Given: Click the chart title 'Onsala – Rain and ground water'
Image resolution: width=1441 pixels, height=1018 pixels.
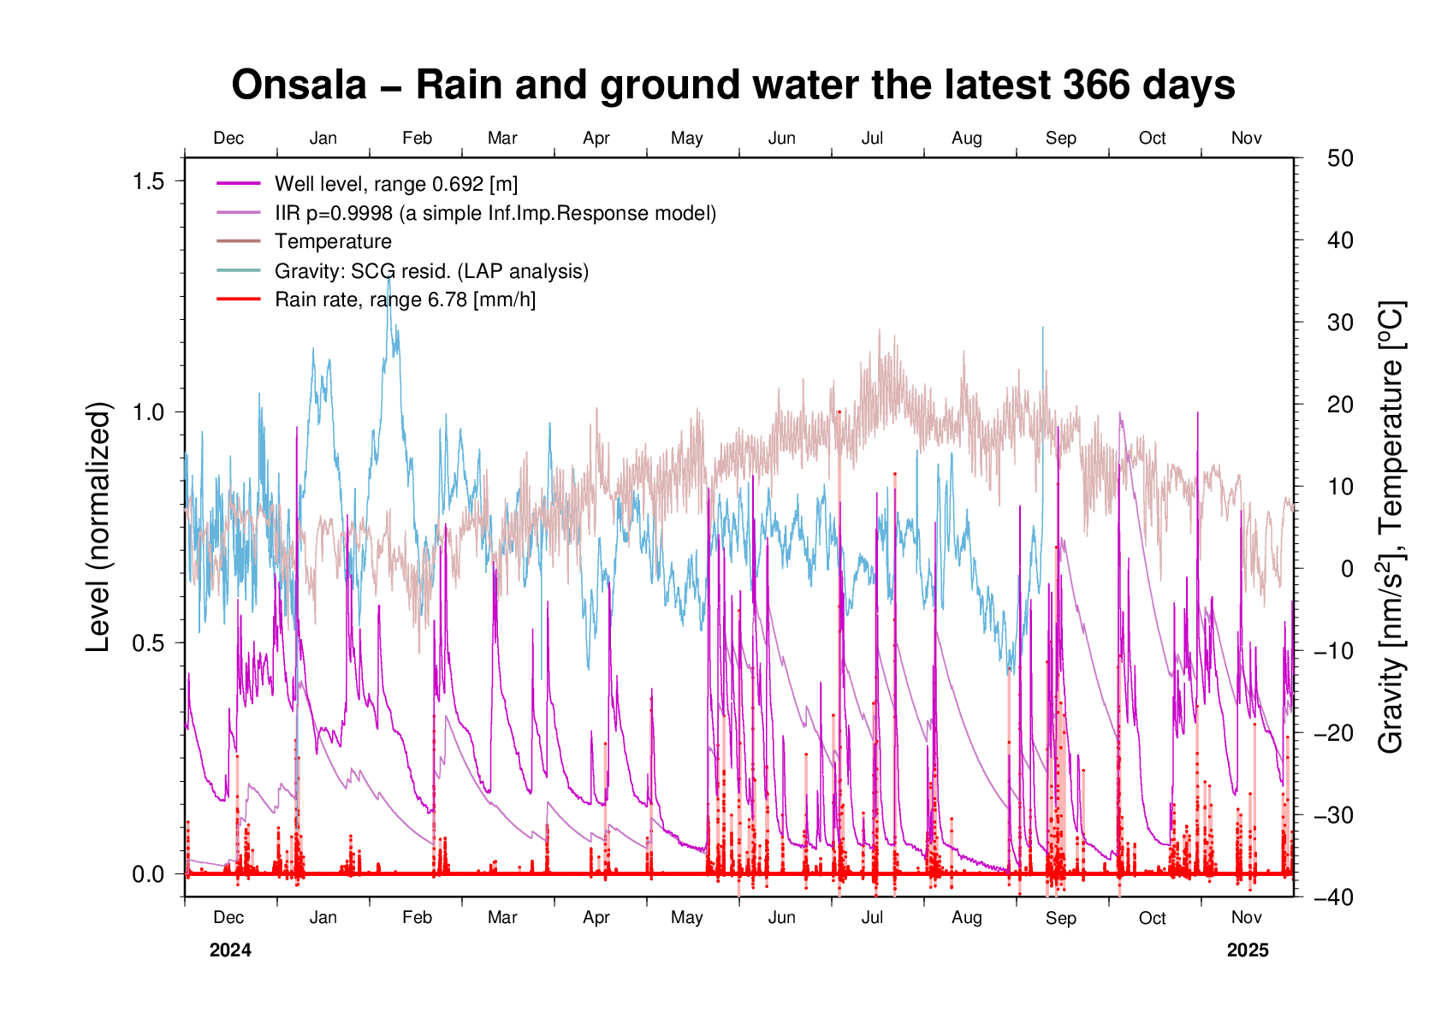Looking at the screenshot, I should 733,86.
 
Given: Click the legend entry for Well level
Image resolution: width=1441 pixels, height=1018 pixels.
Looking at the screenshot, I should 395,184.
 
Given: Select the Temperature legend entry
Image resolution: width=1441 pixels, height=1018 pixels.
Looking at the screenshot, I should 333,242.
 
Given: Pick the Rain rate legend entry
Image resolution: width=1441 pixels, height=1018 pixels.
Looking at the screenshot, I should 405,299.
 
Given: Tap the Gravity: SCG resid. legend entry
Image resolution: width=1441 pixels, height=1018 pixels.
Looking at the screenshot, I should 431,271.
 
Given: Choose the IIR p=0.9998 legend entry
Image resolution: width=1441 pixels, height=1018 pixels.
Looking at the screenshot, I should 495,213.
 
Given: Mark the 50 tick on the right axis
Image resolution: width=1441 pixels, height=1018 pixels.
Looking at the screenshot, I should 1340,158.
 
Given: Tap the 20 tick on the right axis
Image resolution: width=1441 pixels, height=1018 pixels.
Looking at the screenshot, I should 1340,405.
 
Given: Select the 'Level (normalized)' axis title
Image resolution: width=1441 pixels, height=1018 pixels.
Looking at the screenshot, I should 99,527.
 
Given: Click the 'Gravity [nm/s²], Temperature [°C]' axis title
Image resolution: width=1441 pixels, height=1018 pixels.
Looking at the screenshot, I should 1391,527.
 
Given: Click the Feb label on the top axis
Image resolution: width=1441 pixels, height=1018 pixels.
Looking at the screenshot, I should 417,139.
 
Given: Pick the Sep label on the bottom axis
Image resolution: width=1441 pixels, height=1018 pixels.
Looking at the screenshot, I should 1060,918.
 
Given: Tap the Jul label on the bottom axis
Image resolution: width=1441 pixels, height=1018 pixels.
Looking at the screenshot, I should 872,918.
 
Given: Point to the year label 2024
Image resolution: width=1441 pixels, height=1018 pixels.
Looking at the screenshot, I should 230,950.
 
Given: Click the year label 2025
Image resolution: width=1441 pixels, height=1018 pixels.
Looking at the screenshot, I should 1248,950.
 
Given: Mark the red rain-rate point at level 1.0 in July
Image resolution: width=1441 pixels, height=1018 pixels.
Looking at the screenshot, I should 839,411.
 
